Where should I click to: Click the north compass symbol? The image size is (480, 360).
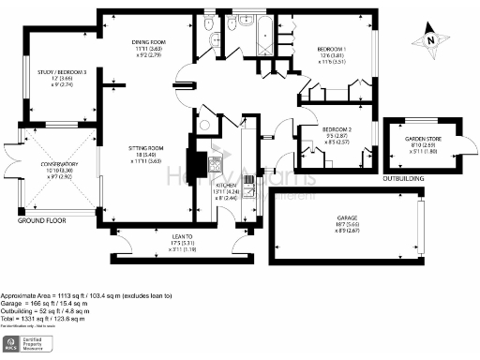click(x=429, y=38)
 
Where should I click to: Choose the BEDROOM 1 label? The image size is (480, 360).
click(x=331, y=49)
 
